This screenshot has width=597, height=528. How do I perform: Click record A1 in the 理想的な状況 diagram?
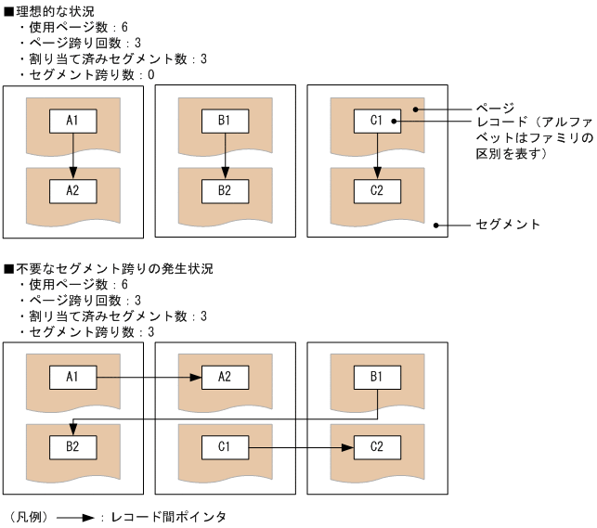73,121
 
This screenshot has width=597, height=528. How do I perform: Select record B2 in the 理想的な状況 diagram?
225,191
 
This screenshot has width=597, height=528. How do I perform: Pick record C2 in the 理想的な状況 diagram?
377,191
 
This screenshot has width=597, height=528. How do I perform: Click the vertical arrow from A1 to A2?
73,154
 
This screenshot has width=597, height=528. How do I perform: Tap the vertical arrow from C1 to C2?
377,154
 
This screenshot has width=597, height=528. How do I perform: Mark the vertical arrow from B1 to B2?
225,154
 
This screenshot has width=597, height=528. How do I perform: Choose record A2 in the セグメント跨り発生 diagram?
225,378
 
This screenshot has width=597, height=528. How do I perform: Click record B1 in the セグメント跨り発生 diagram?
377,378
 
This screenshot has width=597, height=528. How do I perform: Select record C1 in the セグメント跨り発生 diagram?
225,447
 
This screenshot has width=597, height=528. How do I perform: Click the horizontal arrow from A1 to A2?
149,378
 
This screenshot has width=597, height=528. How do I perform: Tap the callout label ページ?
489,107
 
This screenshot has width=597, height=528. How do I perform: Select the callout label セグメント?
508,225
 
